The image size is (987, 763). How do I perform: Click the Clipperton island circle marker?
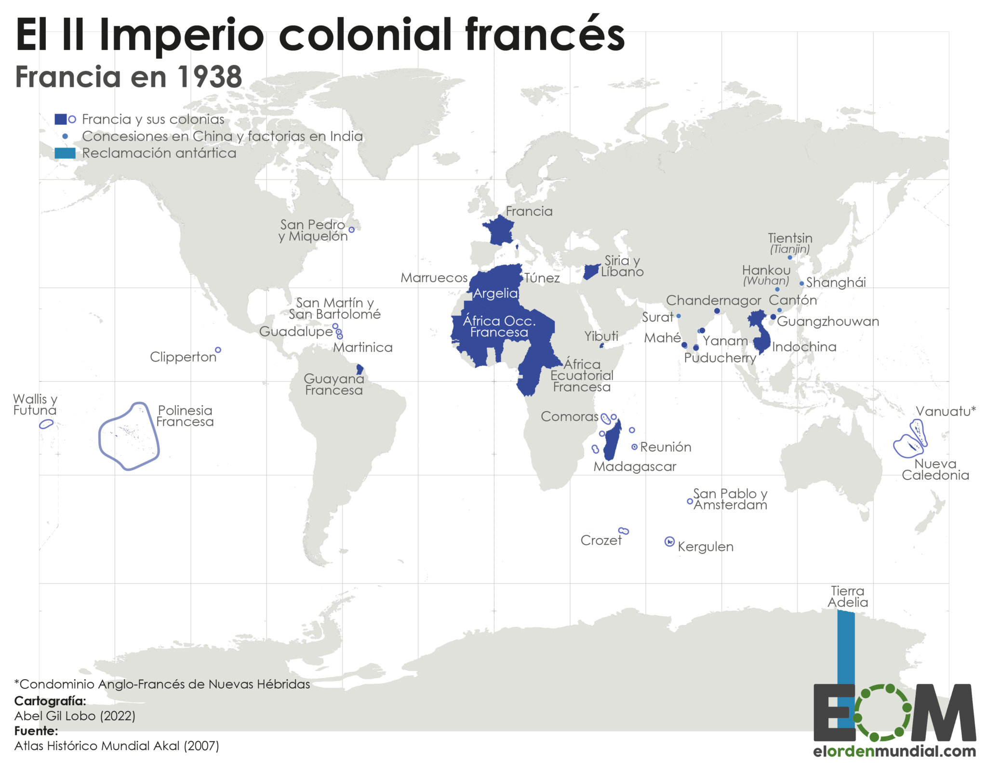click(218, 350)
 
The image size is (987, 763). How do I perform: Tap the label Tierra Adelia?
click(848, 597)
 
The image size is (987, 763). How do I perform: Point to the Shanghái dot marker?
click(801, 284)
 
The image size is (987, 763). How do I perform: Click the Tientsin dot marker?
click(790, 257)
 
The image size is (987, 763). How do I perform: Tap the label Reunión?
click(666, 447)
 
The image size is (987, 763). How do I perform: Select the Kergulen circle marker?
click(669, 542)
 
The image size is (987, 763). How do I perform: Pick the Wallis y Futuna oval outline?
click(46, 424)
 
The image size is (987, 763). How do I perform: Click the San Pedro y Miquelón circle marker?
click(351, 230)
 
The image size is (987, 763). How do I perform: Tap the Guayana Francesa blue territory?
click(360, 370)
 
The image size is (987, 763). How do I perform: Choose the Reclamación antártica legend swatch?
click(65, 153)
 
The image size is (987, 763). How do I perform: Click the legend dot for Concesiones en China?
click(65, 136)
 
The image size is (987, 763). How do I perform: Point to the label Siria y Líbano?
click(622, 266)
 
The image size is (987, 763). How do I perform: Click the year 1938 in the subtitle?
click(210, 77)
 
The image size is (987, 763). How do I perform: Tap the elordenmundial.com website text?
click(894, 751)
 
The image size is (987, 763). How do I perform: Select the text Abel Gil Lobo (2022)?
click(75, 716)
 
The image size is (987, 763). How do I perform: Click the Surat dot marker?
click(679, 316)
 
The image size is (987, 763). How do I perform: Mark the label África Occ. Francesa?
click(499, 326)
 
